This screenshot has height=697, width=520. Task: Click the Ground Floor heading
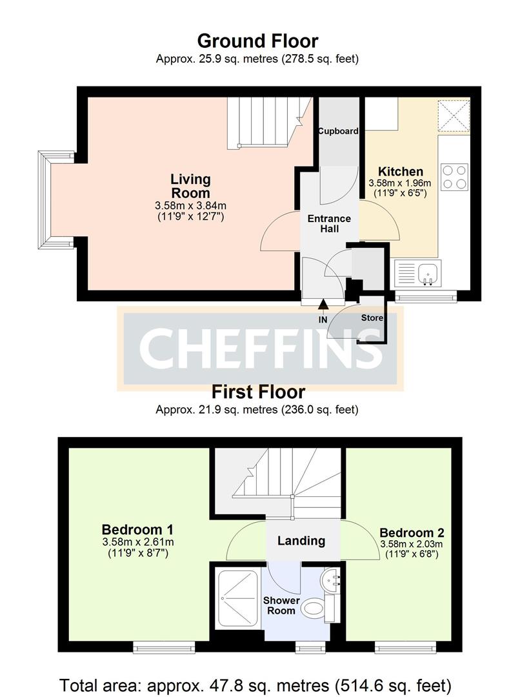pyautogui.click(x=257, y=41)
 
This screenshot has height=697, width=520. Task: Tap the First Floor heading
pyautogui.click(x=258, y=392)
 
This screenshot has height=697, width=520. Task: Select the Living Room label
pyautogui.click(x=190, y=186)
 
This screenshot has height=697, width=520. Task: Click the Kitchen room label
pyautogui.click(x=400, y=172)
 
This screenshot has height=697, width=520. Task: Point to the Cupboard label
pyautogui.click(x=339, y=131)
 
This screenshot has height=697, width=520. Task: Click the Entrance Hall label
pyautogui.click(x=329, y=223)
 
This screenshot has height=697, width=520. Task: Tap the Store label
pyautogui.click(x=372, y=318)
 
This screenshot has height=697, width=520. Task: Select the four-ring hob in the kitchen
pyautogui.click(x=454, y=176)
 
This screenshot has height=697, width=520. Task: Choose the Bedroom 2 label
pyautogui.click(x=412, y=533)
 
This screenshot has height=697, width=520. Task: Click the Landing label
pyautogui.click(x=301, y=541)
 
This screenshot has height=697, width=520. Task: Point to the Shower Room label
pyautogui.click(x=281, y=605)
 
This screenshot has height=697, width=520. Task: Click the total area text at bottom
pyautogui.click(x=255, y=683)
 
